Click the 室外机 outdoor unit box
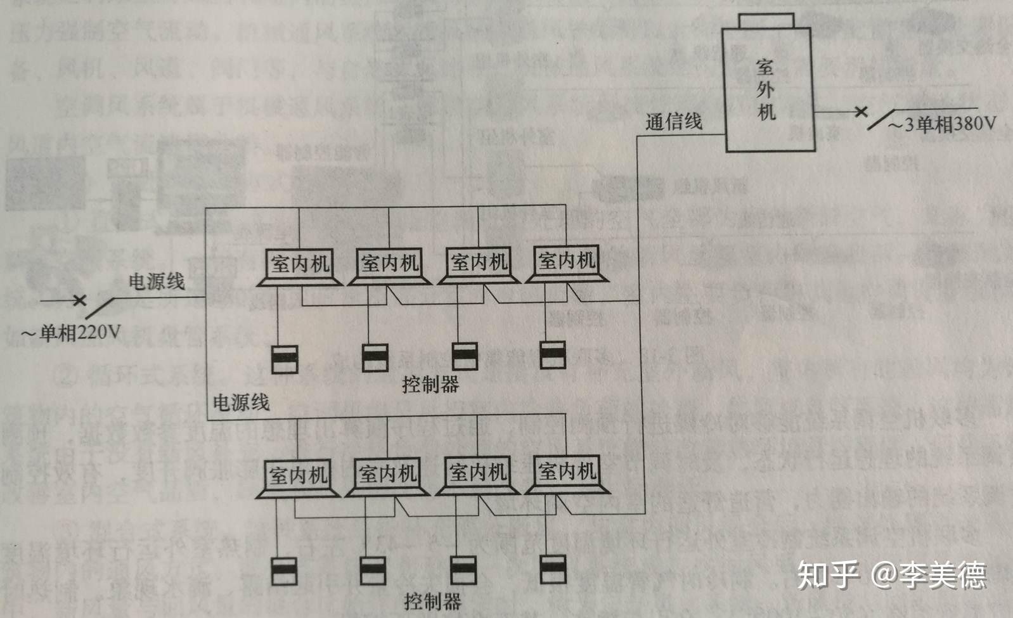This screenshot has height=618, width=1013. (770, 89)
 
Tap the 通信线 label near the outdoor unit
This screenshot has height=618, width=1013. (673, 121)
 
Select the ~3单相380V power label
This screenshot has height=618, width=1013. (941, 124)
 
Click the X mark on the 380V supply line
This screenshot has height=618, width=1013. (860, 112)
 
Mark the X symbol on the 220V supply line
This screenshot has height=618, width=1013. (79, 300)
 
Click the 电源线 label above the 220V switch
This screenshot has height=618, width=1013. (157, 281)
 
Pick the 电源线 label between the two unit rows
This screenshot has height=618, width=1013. (240, 402)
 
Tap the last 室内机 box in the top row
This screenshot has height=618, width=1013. (567, 261)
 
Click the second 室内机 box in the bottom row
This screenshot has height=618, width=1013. (387, 473)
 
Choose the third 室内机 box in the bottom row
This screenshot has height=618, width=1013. (477, 472)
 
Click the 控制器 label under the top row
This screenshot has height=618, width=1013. (430, 384)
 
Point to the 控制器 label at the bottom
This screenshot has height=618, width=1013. (432, 601)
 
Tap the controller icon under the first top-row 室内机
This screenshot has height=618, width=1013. (285, 359)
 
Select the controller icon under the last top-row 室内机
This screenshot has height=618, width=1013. (552, 355)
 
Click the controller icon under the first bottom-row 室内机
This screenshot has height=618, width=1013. (283, 570)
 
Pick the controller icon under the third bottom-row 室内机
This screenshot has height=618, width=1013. (463, 569)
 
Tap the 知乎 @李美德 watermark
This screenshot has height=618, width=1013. (891, 574)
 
